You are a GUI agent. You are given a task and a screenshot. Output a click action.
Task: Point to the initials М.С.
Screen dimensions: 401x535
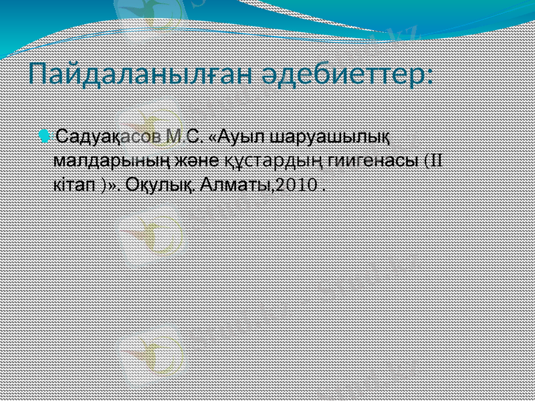(x=185, y=138)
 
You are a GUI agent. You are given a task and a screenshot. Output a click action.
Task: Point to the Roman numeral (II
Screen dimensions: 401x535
(x=433, y=160)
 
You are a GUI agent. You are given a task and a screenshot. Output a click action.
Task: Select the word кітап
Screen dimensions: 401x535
(x=74, y=184)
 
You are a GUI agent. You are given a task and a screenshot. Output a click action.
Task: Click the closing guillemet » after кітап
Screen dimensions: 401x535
(x=111, y=185)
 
